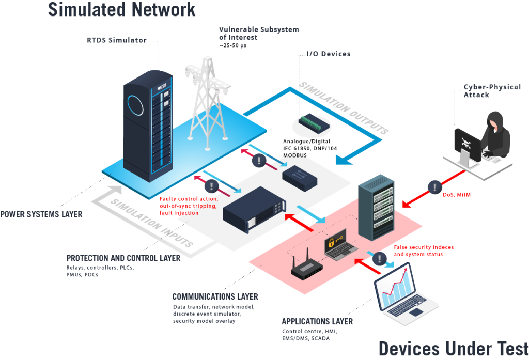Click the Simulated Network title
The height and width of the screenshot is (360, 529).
[122, 9]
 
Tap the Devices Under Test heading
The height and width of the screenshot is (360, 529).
[453, 349]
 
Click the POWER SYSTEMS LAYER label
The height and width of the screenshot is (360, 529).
[41, 214]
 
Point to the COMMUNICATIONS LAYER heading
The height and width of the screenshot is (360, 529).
[215, 297]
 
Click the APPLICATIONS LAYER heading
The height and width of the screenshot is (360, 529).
[317, 321]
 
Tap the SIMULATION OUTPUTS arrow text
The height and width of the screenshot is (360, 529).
[343, 107]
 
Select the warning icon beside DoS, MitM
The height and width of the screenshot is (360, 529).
[434, 186]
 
